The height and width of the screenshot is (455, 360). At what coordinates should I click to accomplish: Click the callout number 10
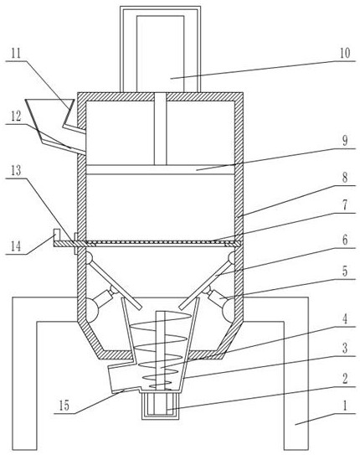point(345,53)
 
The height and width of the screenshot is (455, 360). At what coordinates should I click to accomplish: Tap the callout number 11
point(16,53)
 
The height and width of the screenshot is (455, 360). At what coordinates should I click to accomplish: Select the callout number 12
point(16,116)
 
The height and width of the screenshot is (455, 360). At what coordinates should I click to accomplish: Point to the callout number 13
point(16,171)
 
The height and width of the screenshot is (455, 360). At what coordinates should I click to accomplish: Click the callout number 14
point(16,246)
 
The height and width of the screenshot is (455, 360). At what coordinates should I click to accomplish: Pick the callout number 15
point(64,406)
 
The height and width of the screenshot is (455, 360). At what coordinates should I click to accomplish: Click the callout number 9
point(345,141)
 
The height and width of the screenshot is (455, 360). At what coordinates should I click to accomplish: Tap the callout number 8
point(345,178)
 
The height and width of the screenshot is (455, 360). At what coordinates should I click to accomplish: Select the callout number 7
point(345,205)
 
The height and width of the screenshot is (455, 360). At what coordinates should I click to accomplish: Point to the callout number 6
point(345,240)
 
